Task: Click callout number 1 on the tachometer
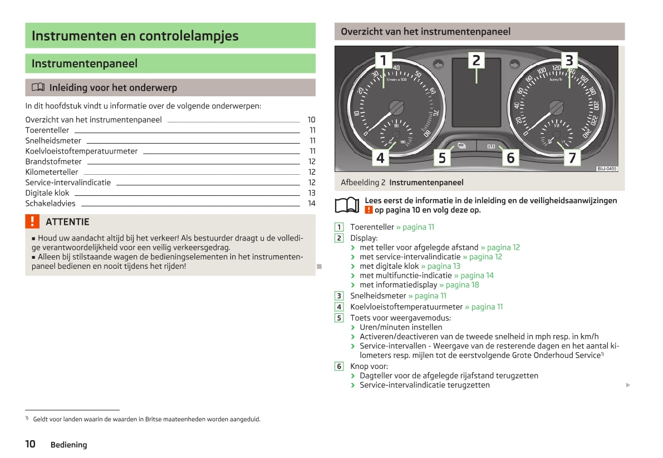click(x=383, y=60)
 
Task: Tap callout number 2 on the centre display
click(x=476, y=60)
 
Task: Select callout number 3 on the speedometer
click(x=569, y=60)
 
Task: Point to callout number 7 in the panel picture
click(x=572, y=157)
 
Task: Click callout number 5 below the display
click(x=442, y=157)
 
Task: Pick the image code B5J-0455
click(x=607, y=169)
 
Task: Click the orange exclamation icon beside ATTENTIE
click(x=32, y=221)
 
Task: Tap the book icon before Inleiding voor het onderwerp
click(x=37, y=87)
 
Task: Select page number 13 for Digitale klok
click(x=312, y=193)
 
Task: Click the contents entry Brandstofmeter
click(x=53, y=161)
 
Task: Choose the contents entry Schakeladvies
click(x=50, y=204)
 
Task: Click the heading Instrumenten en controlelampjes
click(x=135, y=36)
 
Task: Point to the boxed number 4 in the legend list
click(x=339, y=307)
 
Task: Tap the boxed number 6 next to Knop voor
click(x=339, y=366)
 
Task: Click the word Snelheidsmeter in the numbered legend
click(x=378, y=296)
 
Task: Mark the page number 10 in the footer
click(x=30, y=444)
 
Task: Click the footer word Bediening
click(x=68, y=445)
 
